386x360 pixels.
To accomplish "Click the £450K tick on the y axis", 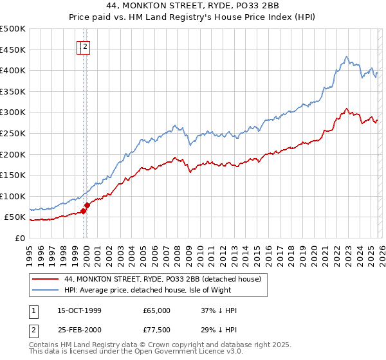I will (13, 50).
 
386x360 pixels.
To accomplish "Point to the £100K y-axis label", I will (13, 196).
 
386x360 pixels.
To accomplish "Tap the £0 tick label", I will (19, 238).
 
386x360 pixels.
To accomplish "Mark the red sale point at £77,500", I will (87, 205).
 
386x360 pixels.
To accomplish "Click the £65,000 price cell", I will (157, 310).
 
